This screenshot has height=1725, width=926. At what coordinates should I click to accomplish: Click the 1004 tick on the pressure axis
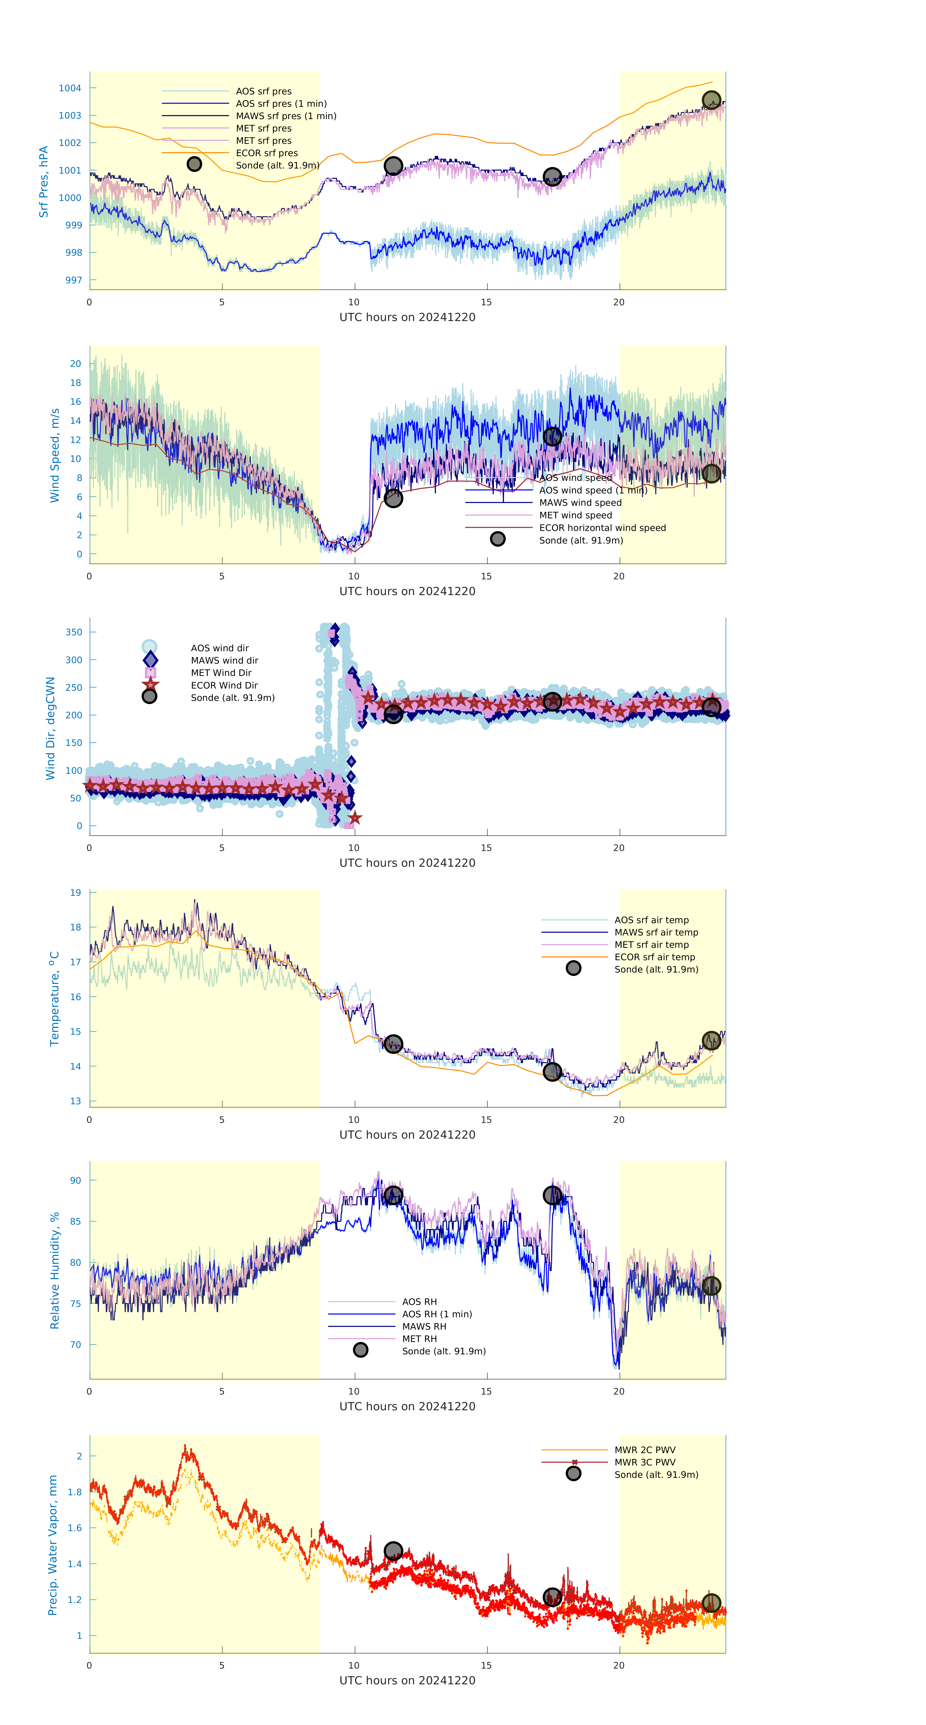coord(70,88)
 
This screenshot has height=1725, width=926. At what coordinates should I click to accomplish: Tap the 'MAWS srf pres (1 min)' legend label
coord(286,116)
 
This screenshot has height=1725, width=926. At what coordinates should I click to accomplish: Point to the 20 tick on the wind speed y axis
coord(76,364)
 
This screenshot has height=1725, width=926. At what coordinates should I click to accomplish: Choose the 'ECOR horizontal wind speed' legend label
coord(602,528)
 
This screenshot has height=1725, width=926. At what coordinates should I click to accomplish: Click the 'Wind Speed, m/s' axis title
coord(55,455)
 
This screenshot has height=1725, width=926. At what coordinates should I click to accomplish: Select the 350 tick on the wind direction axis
coord(74,632)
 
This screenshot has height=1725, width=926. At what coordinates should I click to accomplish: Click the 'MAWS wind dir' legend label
coord(224,660)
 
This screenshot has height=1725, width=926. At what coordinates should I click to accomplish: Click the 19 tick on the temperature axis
coord(76,893)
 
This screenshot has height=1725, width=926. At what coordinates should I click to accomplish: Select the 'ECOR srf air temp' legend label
coord(654,957)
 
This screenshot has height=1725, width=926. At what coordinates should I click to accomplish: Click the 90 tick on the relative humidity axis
coord(76,1181)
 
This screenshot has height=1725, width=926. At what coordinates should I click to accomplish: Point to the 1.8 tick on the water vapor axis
coord(75,1492)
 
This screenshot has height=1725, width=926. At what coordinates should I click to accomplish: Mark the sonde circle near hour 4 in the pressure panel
coord(194,164)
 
